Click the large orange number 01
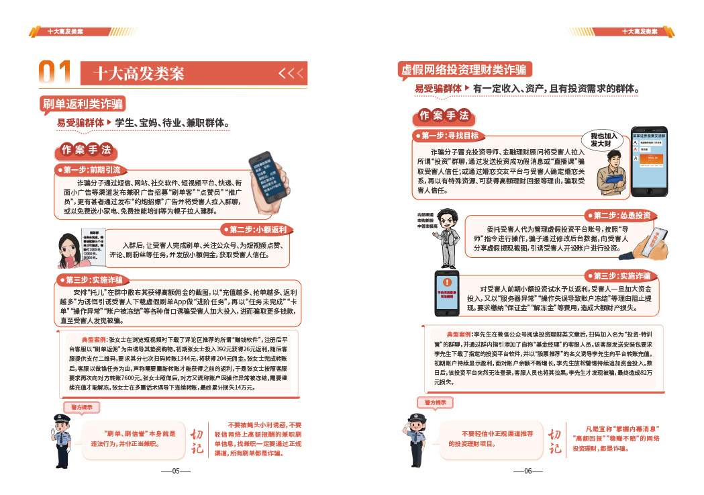point(55,73)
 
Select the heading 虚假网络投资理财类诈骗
point(464,70)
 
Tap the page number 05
point(176,471)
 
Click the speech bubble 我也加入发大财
point(603,140)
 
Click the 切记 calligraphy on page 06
point(555,441)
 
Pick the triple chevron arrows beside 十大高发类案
point(291,73)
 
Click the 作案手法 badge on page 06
point(444,116)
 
